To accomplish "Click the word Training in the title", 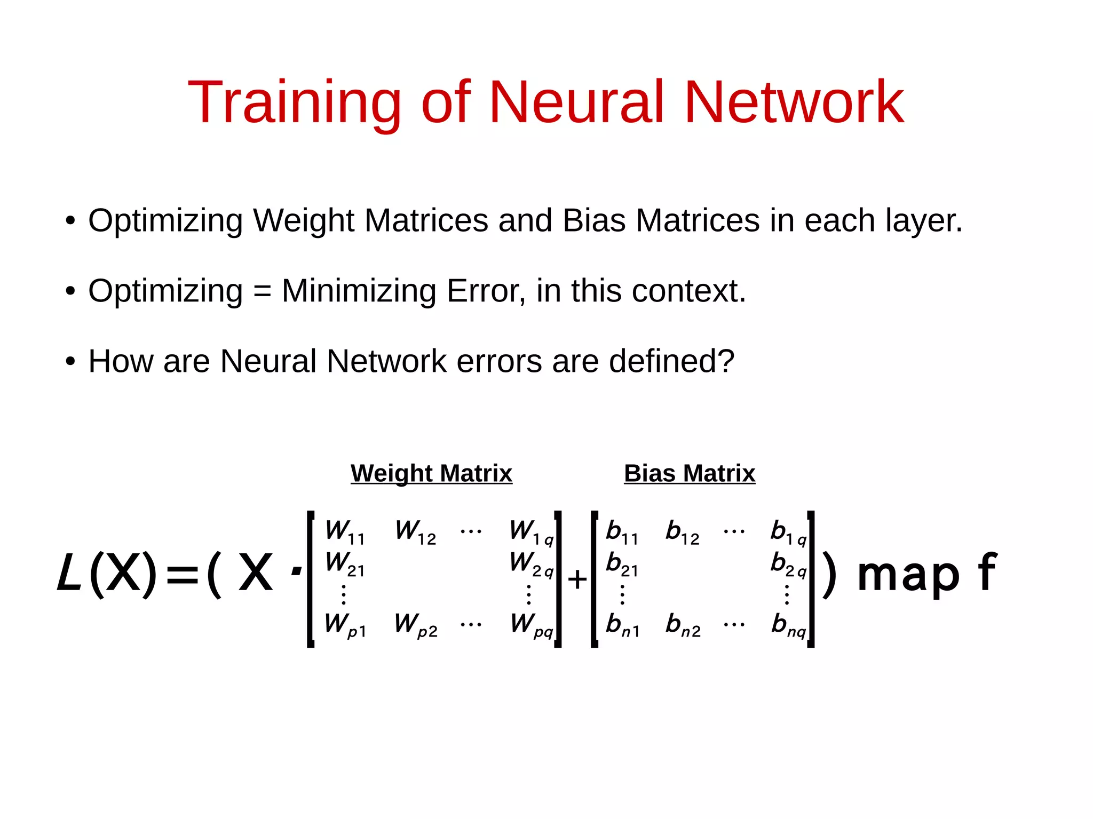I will (294, 102).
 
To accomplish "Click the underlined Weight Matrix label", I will (431, 473).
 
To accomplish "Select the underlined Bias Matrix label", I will (690, 473).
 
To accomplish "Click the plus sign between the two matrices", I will (577, 579).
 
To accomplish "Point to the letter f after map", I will (987, 572).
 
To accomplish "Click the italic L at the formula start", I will (69, 573).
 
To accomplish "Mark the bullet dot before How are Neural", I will (70, 362).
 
